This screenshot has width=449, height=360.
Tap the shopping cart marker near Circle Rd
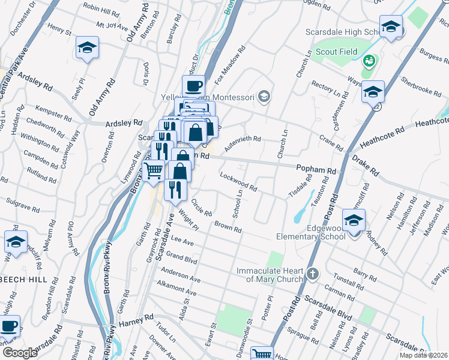154,170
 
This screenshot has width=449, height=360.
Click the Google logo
20,353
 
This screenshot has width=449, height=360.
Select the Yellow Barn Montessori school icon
263,97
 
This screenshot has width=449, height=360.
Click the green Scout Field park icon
369,60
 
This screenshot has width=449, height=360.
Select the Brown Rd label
228,227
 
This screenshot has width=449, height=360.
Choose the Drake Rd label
366,165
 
